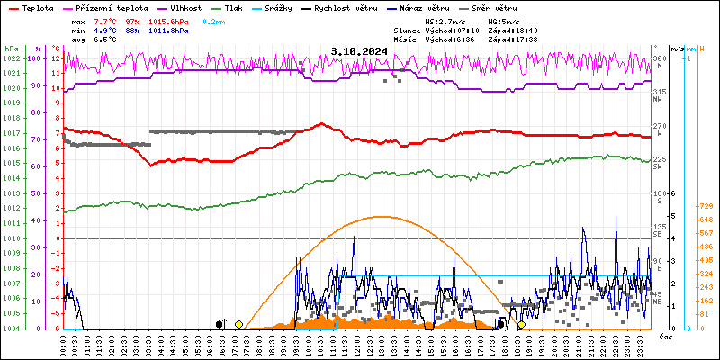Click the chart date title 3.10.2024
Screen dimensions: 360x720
[x=359, y=52]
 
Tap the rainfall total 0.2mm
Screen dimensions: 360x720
[x=214, y=21]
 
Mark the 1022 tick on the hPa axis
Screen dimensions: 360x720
[x=11, y=58]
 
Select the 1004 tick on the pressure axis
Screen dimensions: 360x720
[x=11, y=328]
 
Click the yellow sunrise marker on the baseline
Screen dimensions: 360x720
[x=238, y=324]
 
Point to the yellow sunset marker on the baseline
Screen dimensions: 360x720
[x=521, y=324]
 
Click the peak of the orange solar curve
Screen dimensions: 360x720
[x=382, y=216]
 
